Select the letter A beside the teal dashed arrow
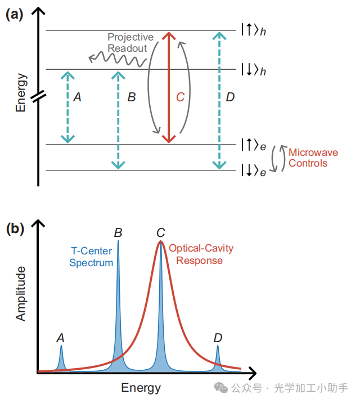click(78, 97)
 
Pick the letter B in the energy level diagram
click(132, 97)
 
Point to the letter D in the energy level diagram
click(229, 97)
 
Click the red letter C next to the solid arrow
click(180, 97)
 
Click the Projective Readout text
click(127, 43)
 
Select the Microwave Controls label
click(307, 158)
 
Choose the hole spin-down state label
click(253, 70)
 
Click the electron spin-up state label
click(253, 145)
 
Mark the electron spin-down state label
click(253, 171)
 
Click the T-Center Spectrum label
click(91, 258)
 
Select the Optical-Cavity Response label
click(201, 254)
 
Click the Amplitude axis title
click(21, 294)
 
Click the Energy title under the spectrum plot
click(141, 388)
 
